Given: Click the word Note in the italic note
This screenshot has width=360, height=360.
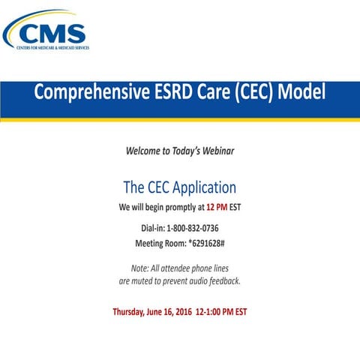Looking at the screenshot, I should (x=139, y=268).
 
